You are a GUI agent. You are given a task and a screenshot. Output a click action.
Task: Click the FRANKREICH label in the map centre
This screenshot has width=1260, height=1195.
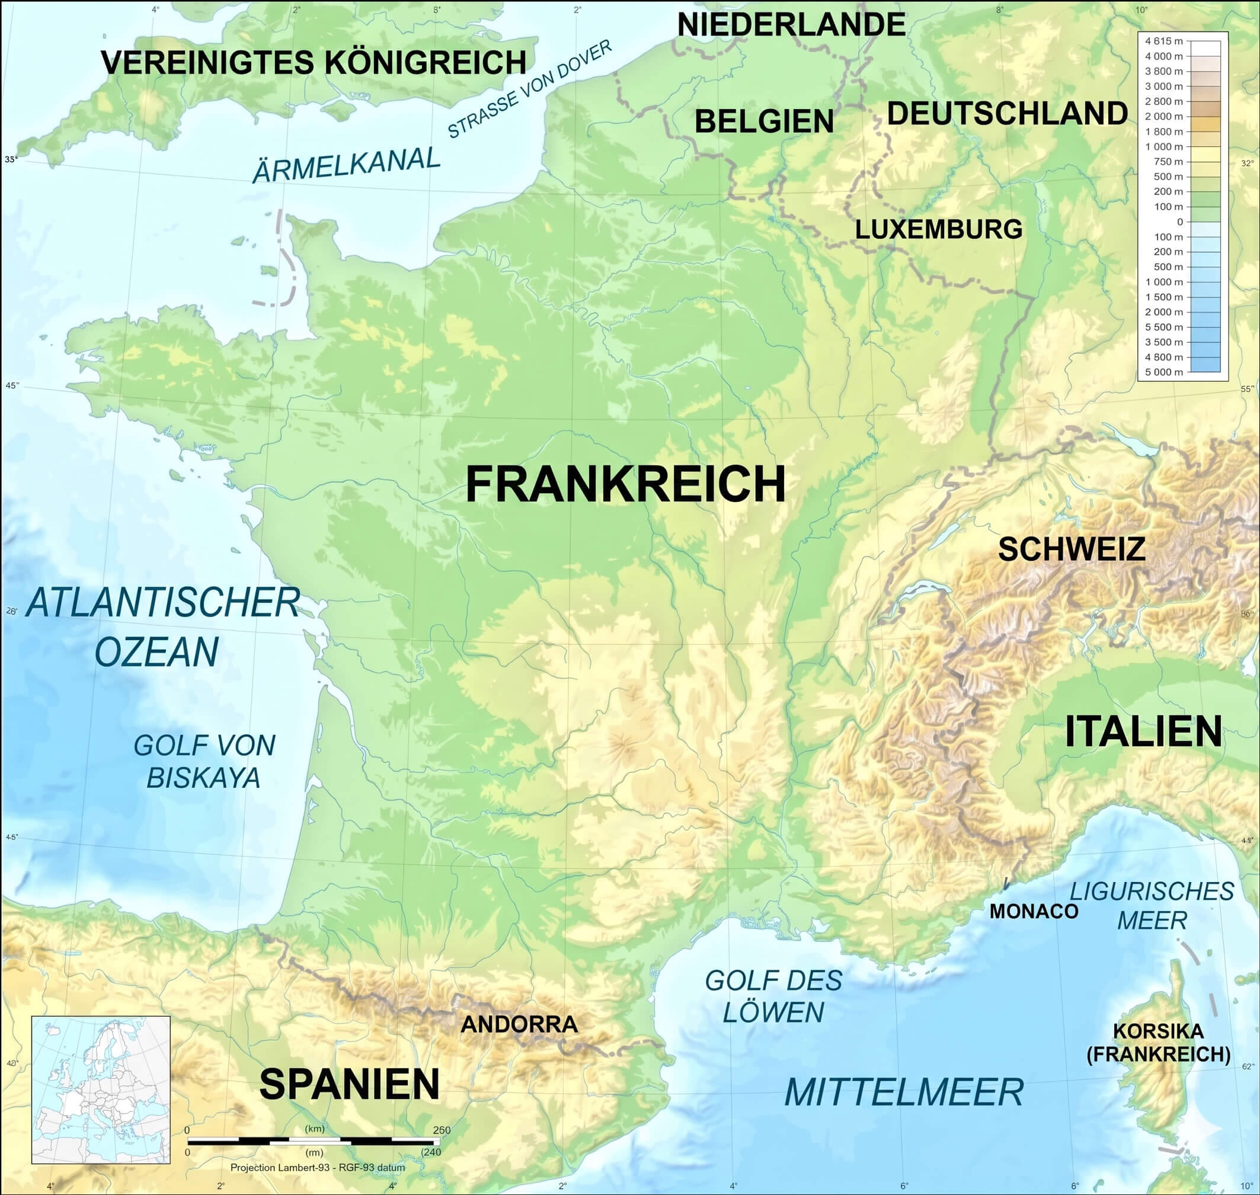625,485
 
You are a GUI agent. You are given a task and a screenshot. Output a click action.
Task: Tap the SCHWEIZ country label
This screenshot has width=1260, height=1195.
1072,549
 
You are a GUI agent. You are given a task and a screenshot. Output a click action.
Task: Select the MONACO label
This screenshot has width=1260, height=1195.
1033,912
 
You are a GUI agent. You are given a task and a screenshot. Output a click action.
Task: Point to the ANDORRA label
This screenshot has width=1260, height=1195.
519,1024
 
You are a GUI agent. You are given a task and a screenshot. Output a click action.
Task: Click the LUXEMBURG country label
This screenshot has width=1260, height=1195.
938,229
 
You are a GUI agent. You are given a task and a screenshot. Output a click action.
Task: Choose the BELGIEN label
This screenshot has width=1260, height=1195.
764,121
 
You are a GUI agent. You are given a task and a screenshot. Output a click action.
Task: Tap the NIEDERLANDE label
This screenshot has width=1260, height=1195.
791,25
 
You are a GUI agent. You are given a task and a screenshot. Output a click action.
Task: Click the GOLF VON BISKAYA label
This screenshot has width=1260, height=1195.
204,761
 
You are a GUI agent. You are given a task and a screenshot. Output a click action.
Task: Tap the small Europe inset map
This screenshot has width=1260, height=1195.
101,1090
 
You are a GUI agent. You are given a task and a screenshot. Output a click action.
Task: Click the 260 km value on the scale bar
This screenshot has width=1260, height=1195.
441,1130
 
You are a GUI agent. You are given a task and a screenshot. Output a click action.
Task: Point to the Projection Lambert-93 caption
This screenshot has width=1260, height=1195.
317,1168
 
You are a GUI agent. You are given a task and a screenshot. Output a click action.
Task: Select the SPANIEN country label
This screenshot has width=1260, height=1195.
349,1084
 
